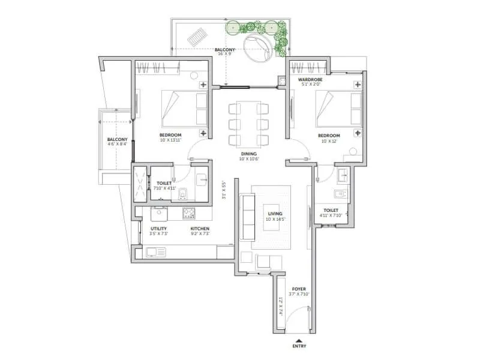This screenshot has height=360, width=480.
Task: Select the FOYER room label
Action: pyautogui.click(x=298, y=289)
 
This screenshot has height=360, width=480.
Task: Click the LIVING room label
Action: pyautogui.click(x=275, y=213)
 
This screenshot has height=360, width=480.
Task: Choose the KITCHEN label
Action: pyautogui.click(x=199, y=229)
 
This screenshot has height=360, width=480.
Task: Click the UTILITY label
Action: pyautogui.click(x=159, y=229)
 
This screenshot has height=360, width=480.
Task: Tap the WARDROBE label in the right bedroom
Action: pyautogui.click(x=310, y=79)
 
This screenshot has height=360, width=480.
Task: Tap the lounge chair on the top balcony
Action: pyautogui.click(x=196, y=38)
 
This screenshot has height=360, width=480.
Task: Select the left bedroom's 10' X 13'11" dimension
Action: pyautogui.click(x=171, y=140)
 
